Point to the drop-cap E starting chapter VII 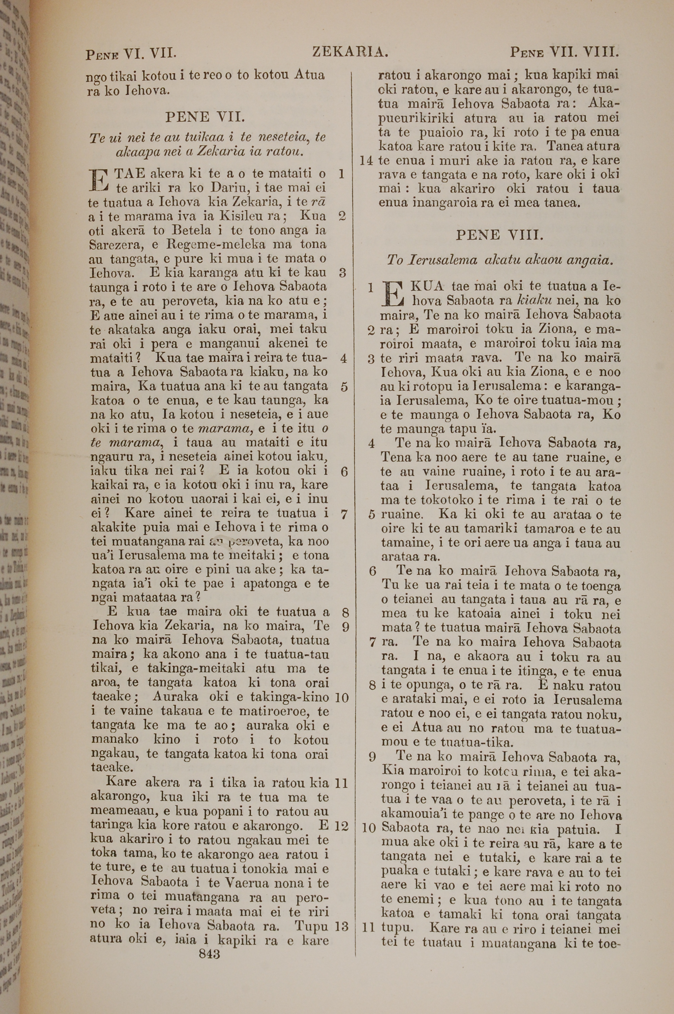pos(98,181)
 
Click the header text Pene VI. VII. pos(131,54)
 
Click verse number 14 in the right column pos(366,161)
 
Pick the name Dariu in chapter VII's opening pos(226,188)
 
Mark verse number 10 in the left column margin pos(341,697)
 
